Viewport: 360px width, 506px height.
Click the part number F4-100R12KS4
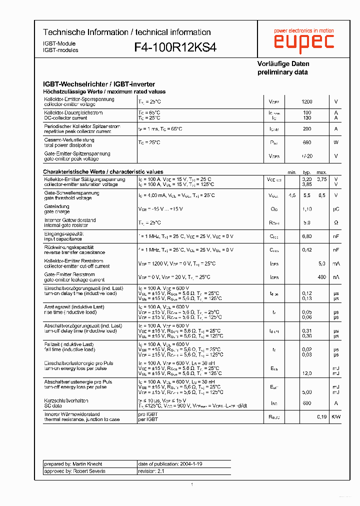pos(175,47)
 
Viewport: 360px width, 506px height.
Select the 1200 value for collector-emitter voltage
pos(306,101)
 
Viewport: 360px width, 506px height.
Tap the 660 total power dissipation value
pos(306,142)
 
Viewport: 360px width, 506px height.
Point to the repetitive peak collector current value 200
pos(306,129)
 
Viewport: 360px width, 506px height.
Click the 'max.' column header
pos(321,172)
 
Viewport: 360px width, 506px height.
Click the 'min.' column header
pos(292,172)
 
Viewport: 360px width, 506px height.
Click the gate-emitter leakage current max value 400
pos(321,277)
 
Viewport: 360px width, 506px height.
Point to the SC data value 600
pos(306,403)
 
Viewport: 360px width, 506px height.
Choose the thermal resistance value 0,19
pos(321,416)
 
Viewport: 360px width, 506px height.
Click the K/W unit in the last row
pos(336,416)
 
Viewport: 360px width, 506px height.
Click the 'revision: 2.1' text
pos(151,471)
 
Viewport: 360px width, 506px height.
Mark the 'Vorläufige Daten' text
pos(283,64)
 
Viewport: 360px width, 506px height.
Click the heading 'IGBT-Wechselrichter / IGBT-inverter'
pos(99,84)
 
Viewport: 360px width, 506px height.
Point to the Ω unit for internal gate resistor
pos(336,222)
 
